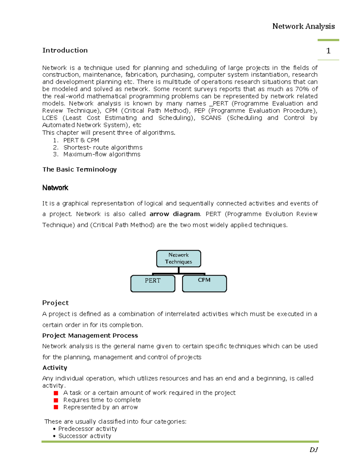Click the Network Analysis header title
pyautogui.click(x=303, y=26)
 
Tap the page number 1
pyautogui.click(x=328, y=51)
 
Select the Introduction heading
pyautogui.click(x=65, y=50)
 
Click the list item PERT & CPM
pyautogui.click(x=81, y=140)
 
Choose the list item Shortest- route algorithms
pyautogui.click(x=103, y=147)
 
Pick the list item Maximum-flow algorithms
pyautogui.click(x=102, y=154)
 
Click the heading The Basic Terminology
pyautogui.click(x=79, y=169)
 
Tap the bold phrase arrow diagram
pyautogui.click(x=175, y=214)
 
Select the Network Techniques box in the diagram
pyautogui.click(x=178, y=258)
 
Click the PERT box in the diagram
pyautogui.click(x=153, y=283)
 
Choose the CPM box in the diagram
pyautogui.click(x=204, y=283)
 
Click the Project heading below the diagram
pyautogui.click(x=55, y=303)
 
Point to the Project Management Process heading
pyautogui.click(x=90, y=335)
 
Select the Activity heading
pyautogui.click(x=55, y=368)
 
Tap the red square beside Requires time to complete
pyautogui.click(x=56, y=400)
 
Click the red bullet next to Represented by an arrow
pyautogui.click(x=56, y=407)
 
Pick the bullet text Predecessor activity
pyautogui.click(x=88, y=429)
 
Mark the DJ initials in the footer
pyautogui.click(x=313, y=449)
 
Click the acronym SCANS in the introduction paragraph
pyautogui.click(x=211, y=118)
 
